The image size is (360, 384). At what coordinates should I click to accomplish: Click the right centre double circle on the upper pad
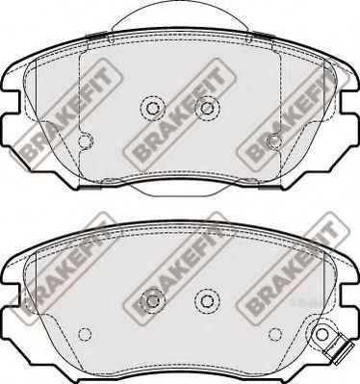coord(204,108)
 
